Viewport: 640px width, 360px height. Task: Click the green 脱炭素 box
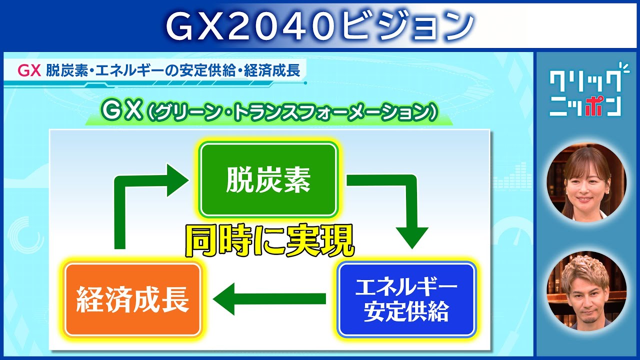point(268,180)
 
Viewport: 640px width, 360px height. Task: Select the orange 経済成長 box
point(133,299)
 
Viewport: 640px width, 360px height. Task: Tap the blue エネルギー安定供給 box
point(406,299)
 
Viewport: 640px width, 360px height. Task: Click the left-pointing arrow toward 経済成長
point(269,299)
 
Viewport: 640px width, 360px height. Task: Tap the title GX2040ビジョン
point(319,25)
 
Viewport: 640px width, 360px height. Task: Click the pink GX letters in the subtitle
point(29,71)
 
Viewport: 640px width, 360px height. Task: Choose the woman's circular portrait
point(586,182)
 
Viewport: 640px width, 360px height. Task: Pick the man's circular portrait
point(586,291)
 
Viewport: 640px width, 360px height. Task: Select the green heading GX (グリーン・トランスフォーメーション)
point(269,112)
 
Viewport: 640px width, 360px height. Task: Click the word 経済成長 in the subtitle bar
point(272,71)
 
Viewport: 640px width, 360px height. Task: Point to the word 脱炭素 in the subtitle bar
point(67,71)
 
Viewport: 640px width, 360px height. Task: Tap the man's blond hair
point(585,268)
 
